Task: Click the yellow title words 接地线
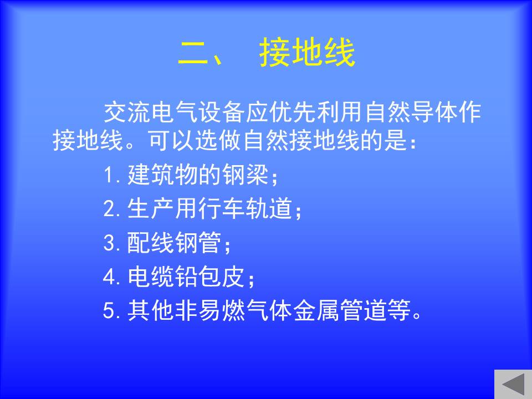pos(308,52)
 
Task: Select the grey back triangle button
pos(513,385)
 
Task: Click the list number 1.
pos(109,175)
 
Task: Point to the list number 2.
pos(109,208)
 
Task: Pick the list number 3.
pos(109,243)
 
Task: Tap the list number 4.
pos(109,277)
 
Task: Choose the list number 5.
pos(109,310)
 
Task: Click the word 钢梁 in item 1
pos(245,175)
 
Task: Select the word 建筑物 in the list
pos(163,175)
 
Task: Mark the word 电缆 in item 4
pos(151,276)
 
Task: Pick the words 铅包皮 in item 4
pos(210,276)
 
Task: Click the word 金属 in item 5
pos(316,310)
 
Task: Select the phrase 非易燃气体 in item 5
pos(234,310)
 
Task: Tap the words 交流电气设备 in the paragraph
pos(174,112)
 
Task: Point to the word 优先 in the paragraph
pos(293,112)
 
